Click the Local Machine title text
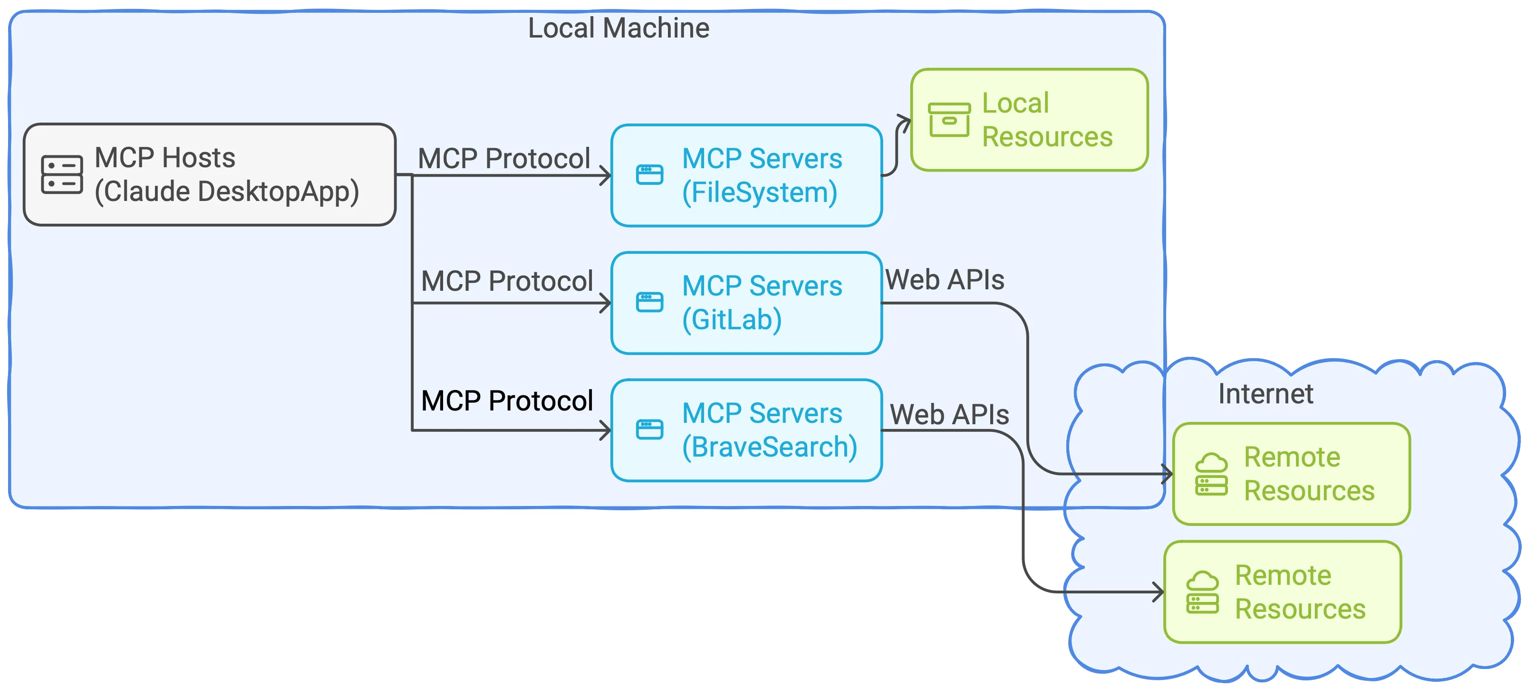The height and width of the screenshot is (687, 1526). click(x=618, y=28)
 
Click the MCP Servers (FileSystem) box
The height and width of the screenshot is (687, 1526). click(x=746, y=175)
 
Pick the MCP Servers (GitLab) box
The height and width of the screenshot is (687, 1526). click(x=746, y=303)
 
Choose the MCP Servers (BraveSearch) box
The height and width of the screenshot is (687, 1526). click(x=746, y=430)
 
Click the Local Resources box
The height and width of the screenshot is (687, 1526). click(x=1029, y=120)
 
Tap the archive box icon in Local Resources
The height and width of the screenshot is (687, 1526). click(x=949, y=120)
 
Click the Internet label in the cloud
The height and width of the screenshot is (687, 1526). click(x=1265, y=394)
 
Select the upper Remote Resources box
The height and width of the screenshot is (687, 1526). click(x=1292, y=474)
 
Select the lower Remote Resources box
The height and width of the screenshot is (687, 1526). click(x=1283, y=592)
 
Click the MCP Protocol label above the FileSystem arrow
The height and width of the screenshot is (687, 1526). click(x=504, y=159)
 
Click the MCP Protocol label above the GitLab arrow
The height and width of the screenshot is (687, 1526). click(x=507, y=281)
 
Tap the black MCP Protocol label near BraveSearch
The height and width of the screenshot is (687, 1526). click(x=507, y=401)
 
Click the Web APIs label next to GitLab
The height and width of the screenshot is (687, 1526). click(x=945, y=279)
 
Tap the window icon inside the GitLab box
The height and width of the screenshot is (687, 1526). click(x=649, y=302)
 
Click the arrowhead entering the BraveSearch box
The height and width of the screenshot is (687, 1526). click(x=606, y=430)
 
